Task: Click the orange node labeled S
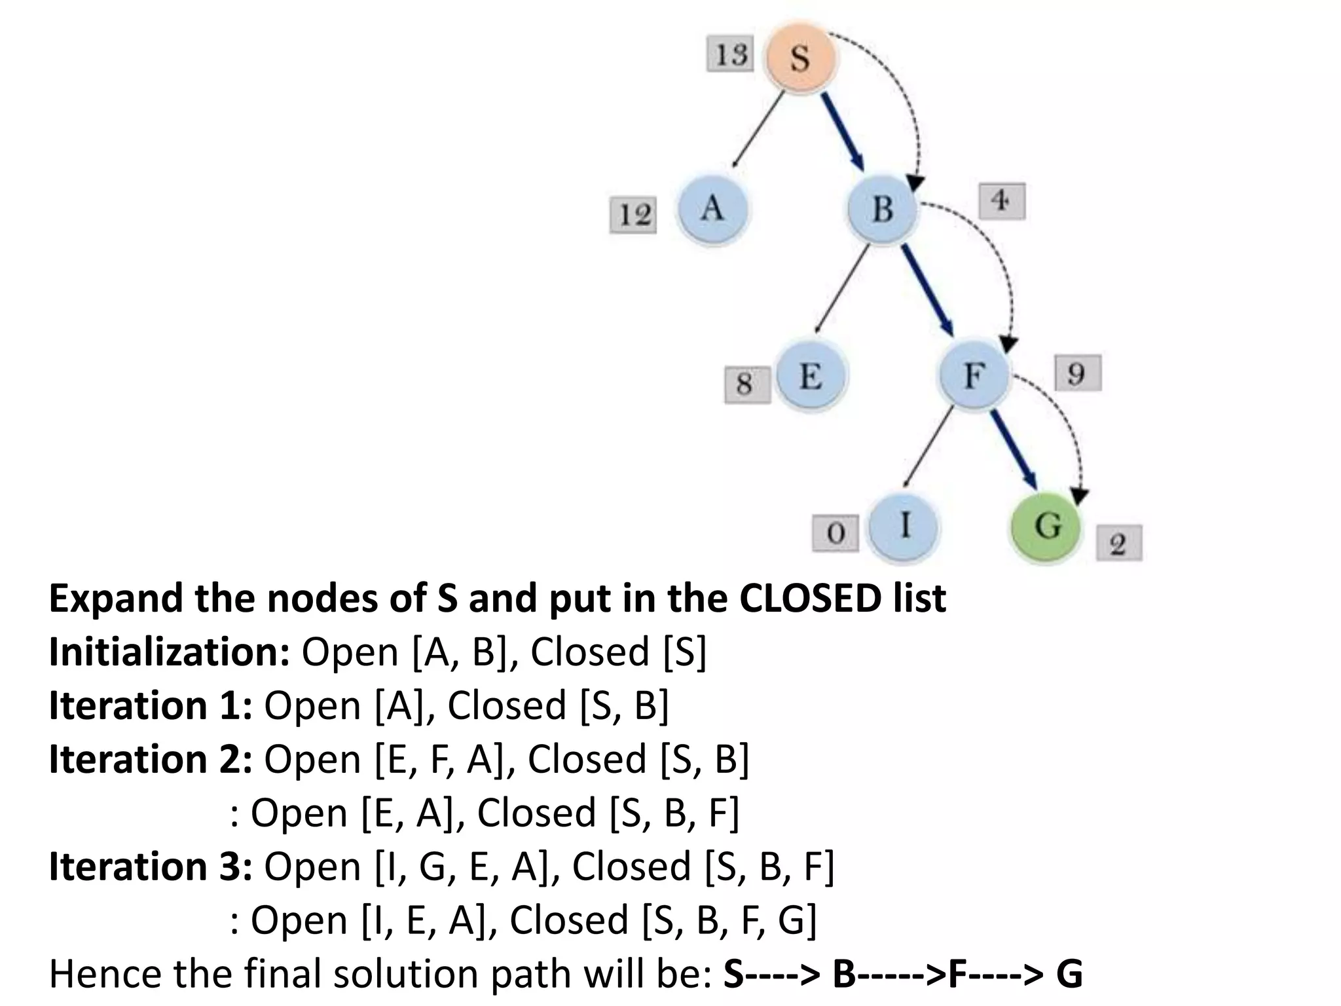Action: pyautogui.click(x=799, y=58)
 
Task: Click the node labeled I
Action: pyautogui.click(x=904, y=526)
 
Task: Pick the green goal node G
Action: pyautogui.click(x=1046, y=526)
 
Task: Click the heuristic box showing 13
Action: pyautogui.click(x=730, y=54)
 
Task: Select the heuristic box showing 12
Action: pyautogui.click(x=633, y=215)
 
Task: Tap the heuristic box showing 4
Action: pyautogui.click(x=1001, y=201)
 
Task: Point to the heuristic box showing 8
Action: pyautogui.click(x=747, y=384)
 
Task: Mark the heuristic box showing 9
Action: pyautogui.click(x=1077, y=373)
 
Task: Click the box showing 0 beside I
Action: pyautogui.click(x=835, y=534)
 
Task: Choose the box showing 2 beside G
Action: pyautogui.click(x=1118, y=543)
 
